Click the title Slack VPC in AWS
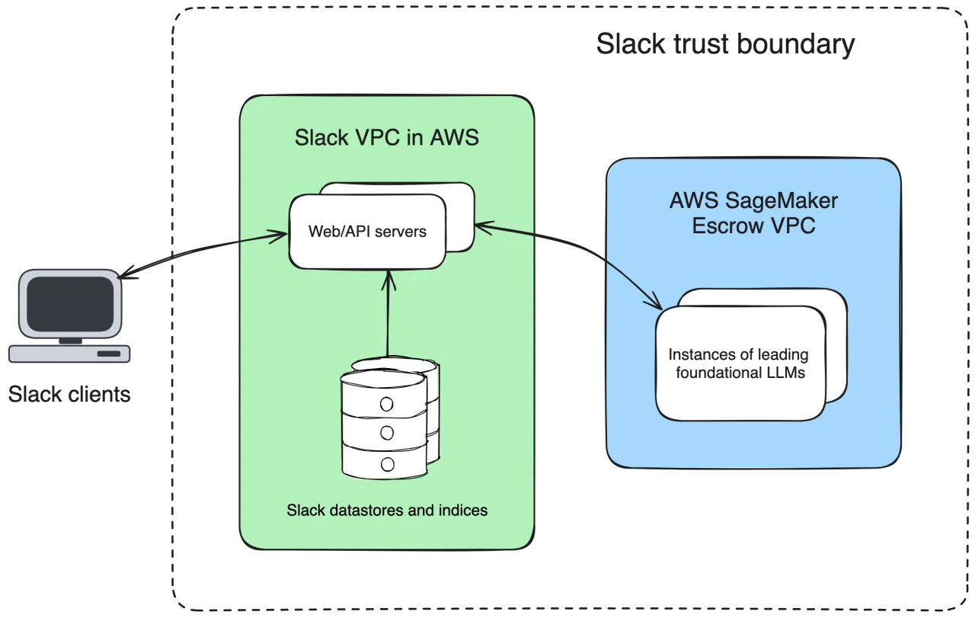pyautogui.click(x=386, y=138)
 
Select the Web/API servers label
pyautogui.click(x=367, y=231)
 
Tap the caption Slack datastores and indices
pyautogui.click(x=387, y=510)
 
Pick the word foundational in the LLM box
pyautogui.click(x=714, y=373)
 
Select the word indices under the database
pyautogui.click(x=462, y=510)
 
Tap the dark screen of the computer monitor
pyautogui.click(x=70, y=303)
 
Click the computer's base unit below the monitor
pyautogui.click(x=70, y=354)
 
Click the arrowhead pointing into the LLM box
pyautogui.click(x=655, y=303)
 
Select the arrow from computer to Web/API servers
pyautogui.click(x=198, y=252)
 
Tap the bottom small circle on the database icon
pyautogui.click(x=386, y=463)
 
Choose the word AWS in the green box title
pyautogui.click(x=456, y=138)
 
